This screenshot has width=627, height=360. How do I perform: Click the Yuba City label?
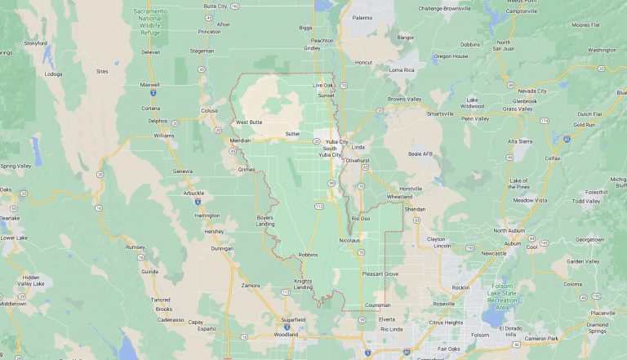click(x=337, y=142)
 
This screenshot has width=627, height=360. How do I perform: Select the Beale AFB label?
click(x=420, y=153)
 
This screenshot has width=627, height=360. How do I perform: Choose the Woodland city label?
click(x=286, y=334)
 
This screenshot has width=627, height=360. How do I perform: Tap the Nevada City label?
click(x=531, y=91)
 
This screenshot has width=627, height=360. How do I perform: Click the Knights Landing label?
click(x=303, y=284)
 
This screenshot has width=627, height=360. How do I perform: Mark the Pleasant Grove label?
click(x=380, y=273)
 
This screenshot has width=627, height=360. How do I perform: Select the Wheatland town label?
click(x=399, y=196)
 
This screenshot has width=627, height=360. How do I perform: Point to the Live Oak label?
click(x=323, y=85)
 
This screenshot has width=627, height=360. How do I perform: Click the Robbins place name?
click(x=308, y=255)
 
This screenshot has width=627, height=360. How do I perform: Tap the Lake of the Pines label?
click(x=518, y=183)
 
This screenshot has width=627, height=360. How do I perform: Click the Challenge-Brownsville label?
click(x=446, y=8)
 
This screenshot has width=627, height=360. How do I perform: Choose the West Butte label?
click(x=248, y=122)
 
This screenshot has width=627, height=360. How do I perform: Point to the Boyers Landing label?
click(x=265, y=220)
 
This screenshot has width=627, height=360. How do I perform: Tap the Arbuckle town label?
click(x=195, y=193)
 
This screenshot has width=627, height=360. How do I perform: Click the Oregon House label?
click(x=451, y=56)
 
